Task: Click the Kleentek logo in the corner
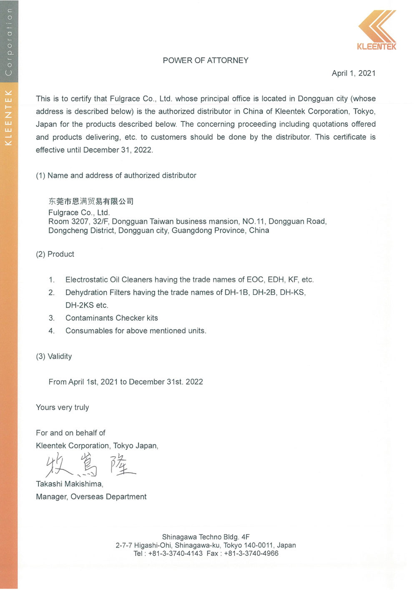click(377, 30)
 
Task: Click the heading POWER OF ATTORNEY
click(206, 61)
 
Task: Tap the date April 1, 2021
click(354, 73)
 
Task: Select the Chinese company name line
click(91, 202)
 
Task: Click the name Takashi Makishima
click(69, 484)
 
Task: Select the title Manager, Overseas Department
click(91, 497)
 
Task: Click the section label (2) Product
click(55, 254)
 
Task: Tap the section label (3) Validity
click(54, 356)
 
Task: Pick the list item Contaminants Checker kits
click(112, 318)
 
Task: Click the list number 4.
click(51, 331)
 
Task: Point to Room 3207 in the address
click(68, 222)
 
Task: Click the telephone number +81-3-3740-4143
click(175, 554)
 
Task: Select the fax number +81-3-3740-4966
click(251, 554)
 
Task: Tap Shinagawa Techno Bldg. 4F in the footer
click(206, 537)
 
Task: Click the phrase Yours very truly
click(63, 408)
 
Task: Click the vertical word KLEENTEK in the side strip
click(8, 118)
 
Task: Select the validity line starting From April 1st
click(126, 382)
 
